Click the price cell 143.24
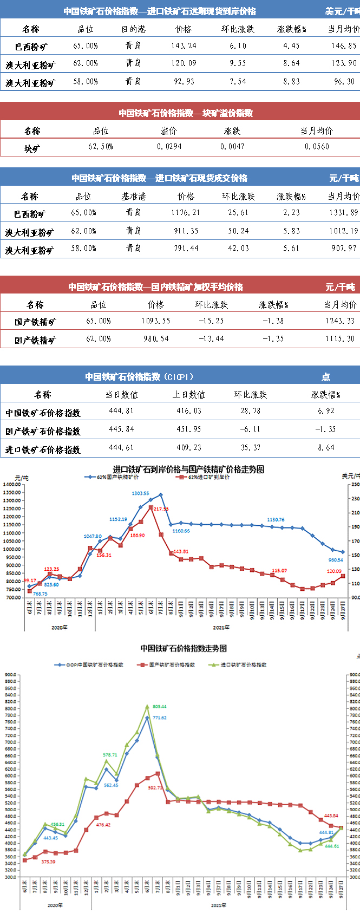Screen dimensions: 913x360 tap(184, 46)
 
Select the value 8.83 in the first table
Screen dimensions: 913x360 tap(291, 82)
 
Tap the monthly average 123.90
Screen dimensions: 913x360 tap(344, 63)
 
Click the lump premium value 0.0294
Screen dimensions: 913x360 tap(169, 147)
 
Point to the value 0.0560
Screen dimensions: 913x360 tap(317, 147)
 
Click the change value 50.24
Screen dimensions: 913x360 tap(238, 231)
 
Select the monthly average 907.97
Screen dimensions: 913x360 tap(344, 249)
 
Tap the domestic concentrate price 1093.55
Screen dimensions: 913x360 tap(156, 321)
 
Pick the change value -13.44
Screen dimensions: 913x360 tap(211, 339)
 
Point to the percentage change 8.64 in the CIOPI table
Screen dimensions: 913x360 tap(326, 448)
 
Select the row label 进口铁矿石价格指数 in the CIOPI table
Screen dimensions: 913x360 tap(43, 449)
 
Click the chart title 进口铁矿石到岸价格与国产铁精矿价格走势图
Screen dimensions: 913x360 tap(188, 469)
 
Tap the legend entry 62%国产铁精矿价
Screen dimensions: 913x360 tap(114, 478)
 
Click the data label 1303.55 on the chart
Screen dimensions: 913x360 tap(140, 494)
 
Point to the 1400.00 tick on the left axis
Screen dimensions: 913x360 tap(11, 485)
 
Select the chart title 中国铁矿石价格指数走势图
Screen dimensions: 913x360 tap(184, 648)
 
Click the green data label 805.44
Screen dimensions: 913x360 tap(159, 707)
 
